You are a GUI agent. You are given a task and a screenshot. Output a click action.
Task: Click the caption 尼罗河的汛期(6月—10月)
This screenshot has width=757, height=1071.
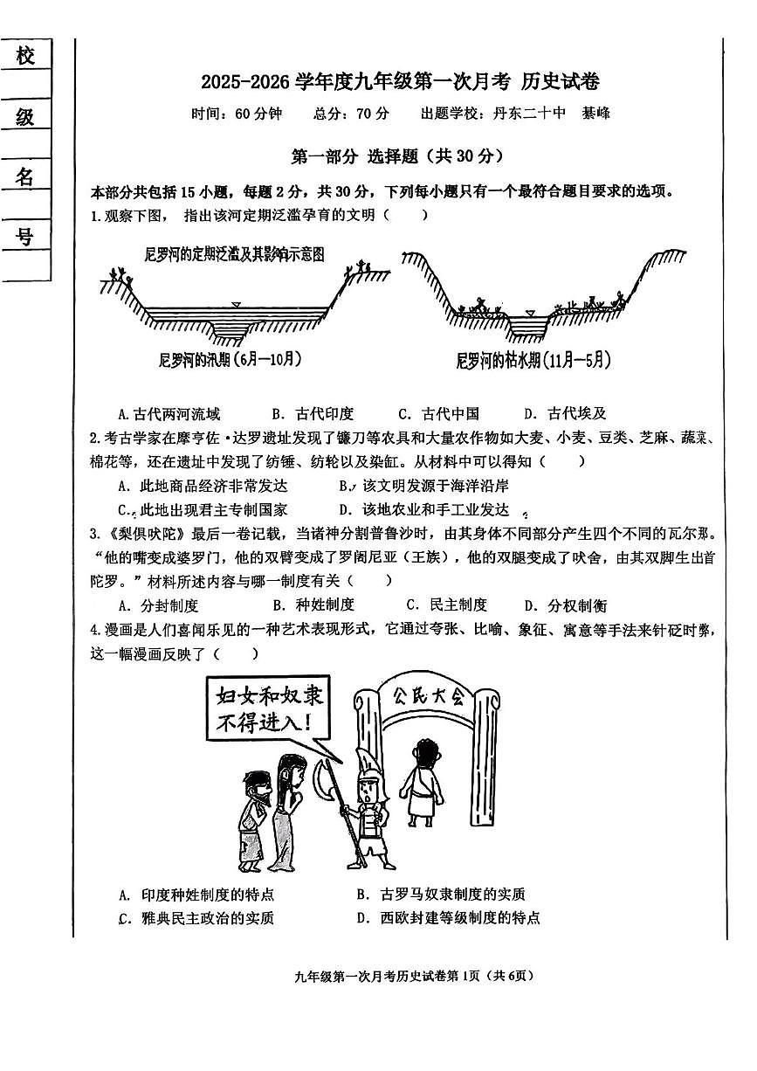(231, 359)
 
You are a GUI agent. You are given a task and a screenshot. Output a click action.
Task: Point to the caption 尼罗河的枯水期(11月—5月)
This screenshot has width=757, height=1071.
(533, 360)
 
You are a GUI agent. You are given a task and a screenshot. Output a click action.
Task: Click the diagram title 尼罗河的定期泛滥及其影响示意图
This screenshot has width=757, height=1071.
(235, 254)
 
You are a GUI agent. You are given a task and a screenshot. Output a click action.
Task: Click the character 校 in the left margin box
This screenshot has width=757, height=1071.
(25, 56)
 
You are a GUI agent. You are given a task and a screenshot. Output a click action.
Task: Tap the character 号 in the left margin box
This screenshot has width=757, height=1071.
(25, 236)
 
